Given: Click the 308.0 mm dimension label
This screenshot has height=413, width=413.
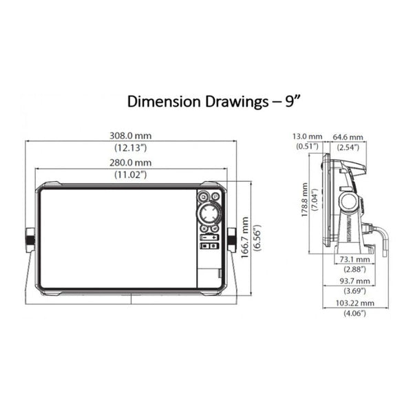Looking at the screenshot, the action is pyautogui.click(x=130, y=136).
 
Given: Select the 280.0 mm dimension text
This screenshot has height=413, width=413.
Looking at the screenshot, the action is pyautogui.click(x=130, y=162).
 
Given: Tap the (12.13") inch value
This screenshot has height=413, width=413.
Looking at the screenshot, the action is pyautogui.click(x=130, y=148).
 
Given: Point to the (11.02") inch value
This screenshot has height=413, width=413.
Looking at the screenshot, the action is pyautogui.click(x=130, y=175).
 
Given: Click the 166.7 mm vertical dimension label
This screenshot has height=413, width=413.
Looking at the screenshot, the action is pyautogui.click(x=245, y=237).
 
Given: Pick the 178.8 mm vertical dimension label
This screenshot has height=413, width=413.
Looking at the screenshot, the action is pyautogui.click(x=304, y=200).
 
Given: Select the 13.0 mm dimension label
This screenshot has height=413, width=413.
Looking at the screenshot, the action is pyautogui.click(x=308, y=136).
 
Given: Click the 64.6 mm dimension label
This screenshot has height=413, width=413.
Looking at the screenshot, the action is pyautogui.click(x=348, y=137).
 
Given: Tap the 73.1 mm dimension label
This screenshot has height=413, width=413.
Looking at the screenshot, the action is pyautogui.click(x=354, y=260).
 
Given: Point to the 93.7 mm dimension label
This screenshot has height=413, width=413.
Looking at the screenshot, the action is pyautogui.click(x=354, y=281).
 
